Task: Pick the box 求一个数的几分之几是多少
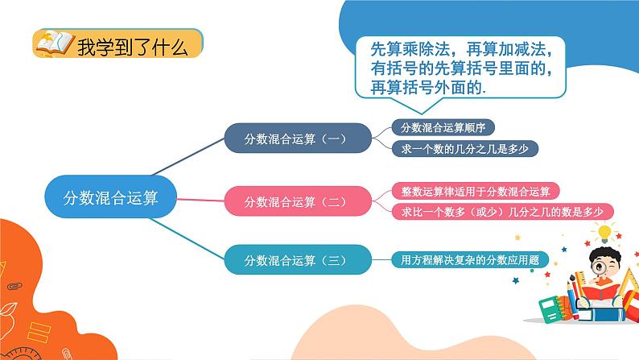coord(464,149)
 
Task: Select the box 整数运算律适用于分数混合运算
coord(475,191)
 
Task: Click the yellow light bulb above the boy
coord(604,234)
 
